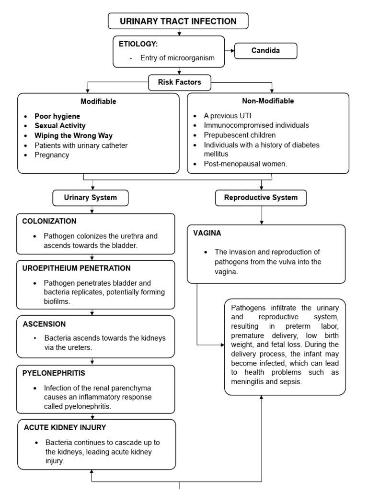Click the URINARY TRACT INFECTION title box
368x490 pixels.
tap(178, 21)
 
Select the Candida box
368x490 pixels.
tap(265, 51)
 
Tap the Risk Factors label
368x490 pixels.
tap(180, 82)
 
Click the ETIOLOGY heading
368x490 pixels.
tap(138, 44)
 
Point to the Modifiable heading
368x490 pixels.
tap(98, 101)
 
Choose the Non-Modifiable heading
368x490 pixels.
tap(268, 101)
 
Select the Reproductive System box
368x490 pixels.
tap(261, 197)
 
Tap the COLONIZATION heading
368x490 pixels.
tap(49, 221)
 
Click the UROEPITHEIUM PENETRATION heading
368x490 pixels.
tap(77, 268)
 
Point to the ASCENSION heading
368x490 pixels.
tap(44, 324)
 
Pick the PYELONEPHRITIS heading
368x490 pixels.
tap(54, 372)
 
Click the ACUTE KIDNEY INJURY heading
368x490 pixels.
tap(65, 427)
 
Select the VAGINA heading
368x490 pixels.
tap(207, 233)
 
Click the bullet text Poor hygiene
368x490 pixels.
tap(57, 116)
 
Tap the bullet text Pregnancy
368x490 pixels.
tap(52, 155)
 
